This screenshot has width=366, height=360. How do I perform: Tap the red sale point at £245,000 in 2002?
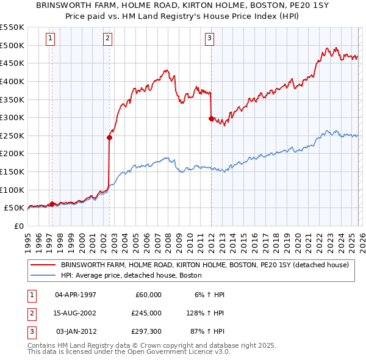(109, 137)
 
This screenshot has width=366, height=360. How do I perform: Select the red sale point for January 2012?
(211, 119)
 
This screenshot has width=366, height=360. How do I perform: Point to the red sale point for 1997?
(52, 204)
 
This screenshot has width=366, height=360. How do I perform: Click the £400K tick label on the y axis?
(12, 81)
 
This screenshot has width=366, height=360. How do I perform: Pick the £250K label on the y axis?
(12, 135)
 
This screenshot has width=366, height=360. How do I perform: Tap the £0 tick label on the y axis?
(18, 226)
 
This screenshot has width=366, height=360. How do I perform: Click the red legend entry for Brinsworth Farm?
(204, 265)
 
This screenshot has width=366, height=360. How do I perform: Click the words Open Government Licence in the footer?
(184, 352)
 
